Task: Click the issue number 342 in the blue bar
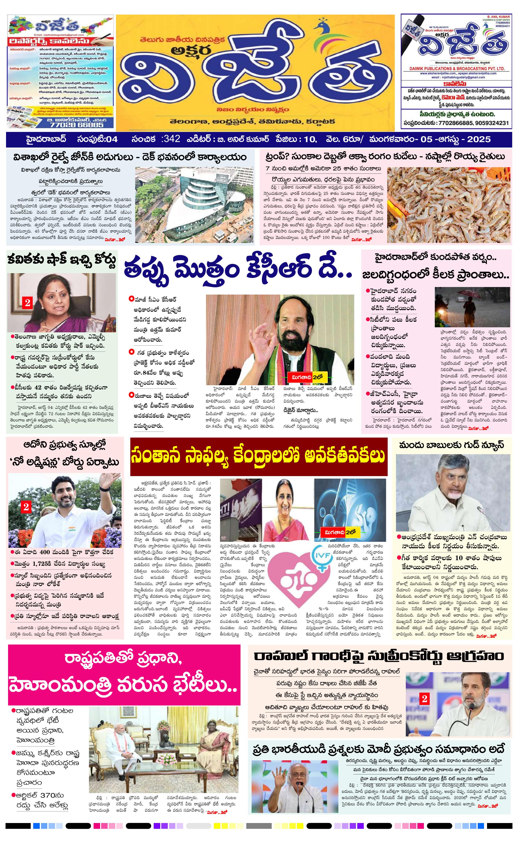(x=171, y=139)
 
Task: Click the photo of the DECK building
(x=194, y=204)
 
